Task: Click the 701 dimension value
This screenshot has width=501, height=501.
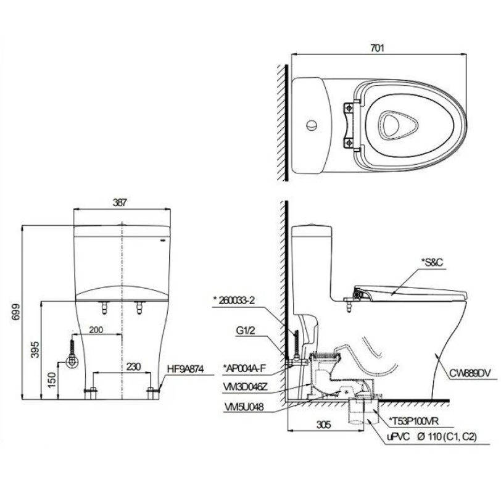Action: click(377, 48)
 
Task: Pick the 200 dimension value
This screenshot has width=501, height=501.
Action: click(96, 330)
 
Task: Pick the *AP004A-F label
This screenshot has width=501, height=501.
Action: click(245, 368)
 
